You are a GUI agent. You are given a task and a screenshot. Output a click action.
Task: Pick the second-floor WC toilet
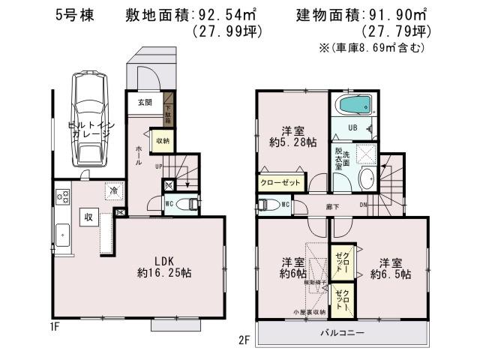[x=270, y=204]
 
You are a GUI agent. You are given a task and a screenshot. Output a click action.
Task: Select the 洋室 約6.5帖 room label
[x=390, y=268]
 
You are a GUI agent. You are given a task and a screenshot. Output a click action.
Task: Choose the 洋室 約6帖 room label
[x=292, y=268]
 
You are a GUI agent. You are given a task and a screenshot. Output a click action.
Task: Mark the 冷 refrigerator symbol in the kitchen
[x=112, y=191]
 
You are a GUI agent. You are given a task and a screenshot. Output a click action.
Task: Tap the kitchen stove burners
[x=61, y=197]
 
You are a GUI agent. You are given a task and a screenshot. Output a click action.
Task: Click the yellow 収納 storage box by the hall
[x=163, y=140]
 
